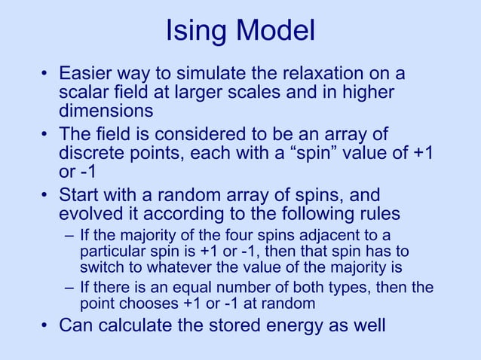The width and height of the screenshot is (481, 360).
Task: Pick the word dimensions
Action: pyautogui.click(x=106, y=112)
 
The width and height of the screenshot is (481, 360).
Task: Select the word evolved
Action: pyautogui.click(x=93, y=212)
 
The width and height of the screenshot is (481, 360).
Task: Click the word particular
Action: pyautogui.click(x=112, y=251)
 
